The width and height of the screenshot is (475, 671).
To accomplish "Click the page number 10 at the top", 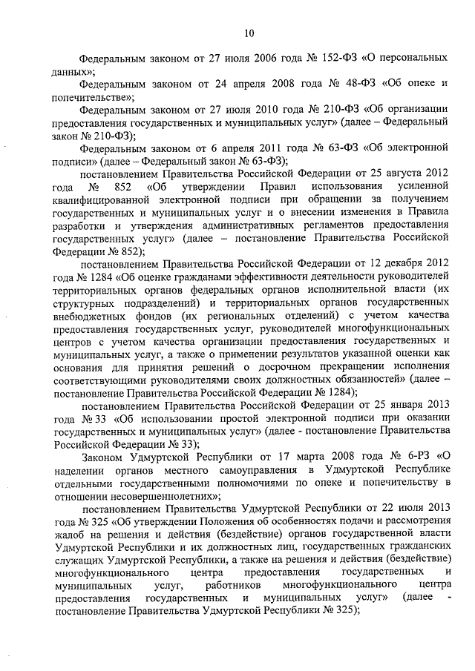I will click(248, 32).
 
